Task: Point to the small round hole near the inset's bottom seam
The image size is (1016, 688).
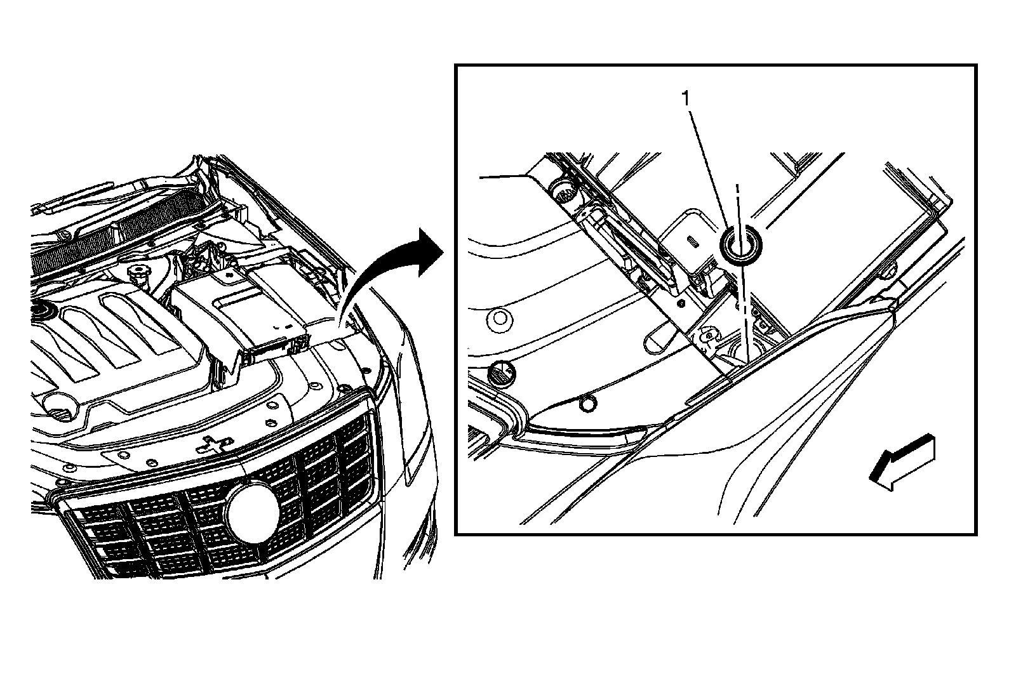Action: pyautogui.click(x=588, y=402)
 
